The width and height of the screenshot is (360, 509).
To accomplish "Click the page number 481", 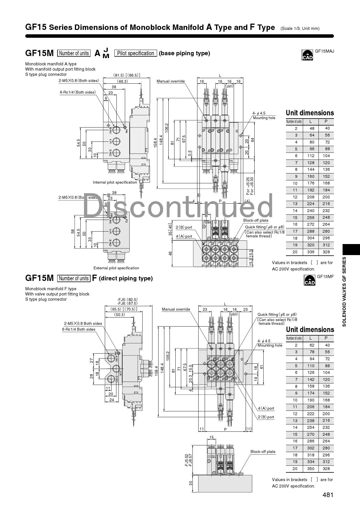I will [x=328, y=495].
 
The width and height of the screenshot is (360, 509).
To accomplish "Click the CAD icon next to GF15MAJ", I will [x=307, y=55].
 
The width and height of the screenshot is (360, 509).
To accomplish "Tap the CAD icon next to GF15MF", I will [x=309, y=280].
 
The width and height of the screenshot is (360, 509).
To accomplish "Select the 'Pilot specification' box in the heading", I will [x=136, y=53].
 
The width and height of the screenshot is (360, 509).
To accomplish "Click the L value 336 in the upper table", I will [x=311, y=252].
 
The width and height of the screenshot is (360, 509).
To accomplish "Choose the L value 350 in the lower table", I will [x=311, y=469].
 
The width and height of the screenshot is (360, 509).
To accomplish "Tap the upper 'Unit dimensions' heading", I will [x=310, y=113].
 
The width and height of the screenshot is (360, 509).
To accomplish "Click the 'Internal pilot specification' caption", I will [x=115, y=182].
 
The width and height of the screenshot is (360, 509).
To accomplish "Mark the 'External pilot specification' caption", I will [x=116, y=268].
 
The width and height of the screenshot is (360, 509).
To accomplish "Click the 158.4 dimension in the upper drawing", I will [x=156, y=143].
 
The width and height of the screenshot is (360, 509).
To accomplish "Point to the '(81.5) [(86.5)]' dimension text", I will [x=127, y=75].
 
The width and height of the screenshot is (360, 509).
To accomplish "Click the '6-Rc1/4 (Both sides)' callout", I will [x=78, y=92].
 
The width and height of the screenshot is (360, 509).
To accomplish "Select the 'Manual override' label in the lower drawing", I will [x=176, y=309].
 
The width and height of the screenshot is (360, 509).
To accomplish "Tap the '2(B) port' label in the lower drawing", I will [x=266, y=417].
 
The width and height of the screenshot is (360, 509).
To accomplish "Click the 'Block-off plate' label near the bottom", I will [x=263, y=451].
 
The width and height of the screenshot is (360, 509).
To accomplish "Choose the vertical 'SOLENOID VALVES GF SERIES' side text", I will [x=344, y=291].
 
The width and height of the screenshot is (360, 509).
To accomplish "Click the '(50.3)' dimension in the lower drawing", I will [x=119, y=315].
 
